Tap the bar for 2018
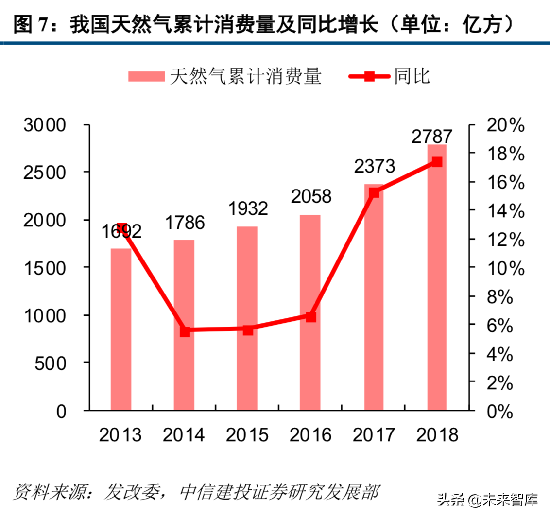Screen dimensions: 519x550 pyautogui.click(x=437, y=277)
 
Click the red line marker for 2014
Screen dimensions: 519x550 pyautogui.click(x=185, y=331)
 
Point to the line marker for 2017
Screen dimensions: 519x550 pyautogui.click(x=374, y=192)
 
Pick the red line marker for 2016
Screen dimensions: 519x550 pyautogui.click(x=311, y=317)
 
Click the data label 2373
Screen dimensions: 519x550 pyautogui.click(x=374, y=166)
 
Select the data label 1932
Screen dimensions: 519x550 pyautogui.click(x=247, y=208)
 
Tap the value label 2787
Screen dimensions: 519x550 pyautogui.click(x=431, y=137)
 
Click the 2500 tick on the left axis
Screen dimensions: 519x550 pyautogui.click(x=44, y=173)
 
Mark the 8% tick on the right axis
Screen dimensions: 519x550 pyautogui.click(x=500, y=297)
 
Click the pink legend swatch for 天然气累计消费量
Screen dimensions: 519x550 pyautogui.click(x=146, y=76)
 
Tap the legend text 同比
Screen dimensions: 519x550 pyautogui.click(x=412, y=76)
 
